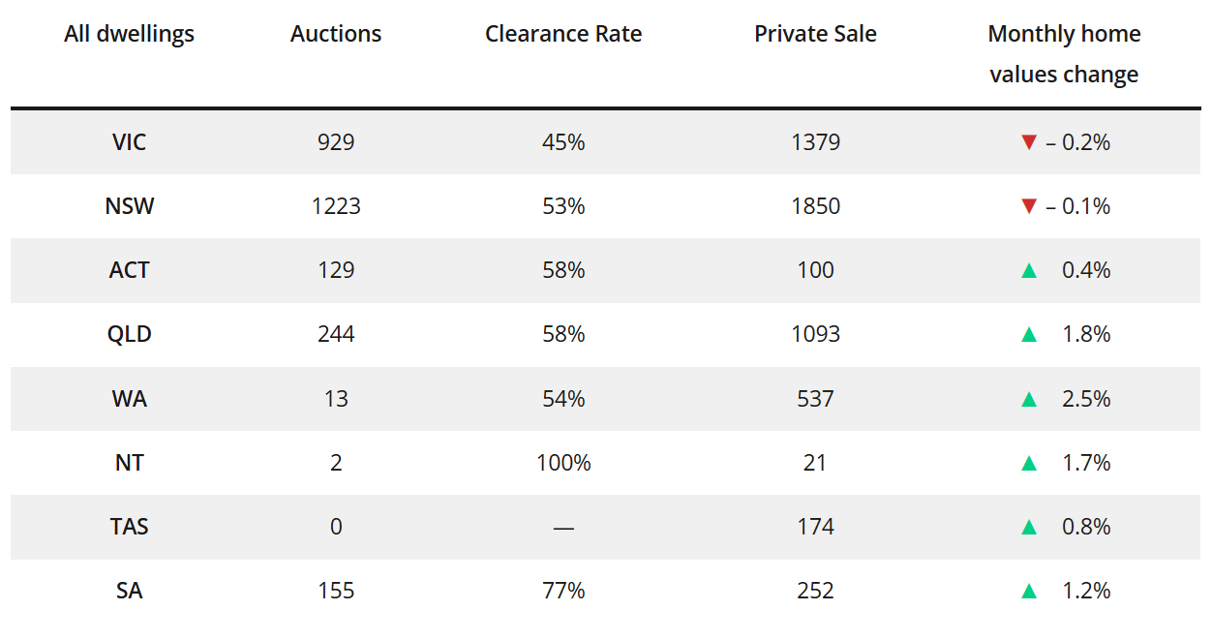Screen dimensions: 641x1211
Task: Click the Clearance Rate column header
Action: click(563, 34)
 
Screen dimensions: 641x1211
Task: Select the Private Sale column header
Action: click(815, 34)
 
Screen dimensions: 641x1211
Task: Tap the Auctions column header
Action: click(336, 34)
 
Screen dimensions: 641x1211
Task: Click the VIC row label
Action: click(129, 142)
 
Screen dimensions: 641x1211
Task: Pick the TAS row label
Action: click(129, 527)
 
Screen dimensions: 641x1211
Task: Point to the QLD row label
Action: click(129, 334)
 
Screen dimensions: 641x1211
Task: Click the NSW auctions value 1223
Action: click(336, 206)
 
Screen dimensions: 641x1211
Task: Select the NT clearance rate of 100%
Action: click(563, 463)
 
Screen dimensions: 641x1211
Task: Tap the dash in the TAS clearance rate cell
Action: click(563, 528)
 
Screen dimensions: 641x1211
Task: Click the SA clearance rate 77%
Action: click(563, 591)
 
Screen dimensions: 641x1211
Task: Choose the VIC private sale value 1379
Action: click(815, 142)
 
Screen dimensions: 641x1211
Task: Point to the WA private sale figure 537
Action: click(815, 399)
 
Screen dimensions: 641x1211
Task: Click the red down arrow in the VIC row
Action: click(1029, 142)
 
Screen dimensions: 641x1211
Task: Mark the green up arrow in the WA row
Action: click(1029, 399)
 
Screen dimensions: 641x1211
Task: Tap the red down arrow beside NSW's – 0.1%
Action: click(1029, 206)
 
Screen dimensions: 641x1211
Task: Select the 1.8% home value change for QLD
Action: click(1085, 334)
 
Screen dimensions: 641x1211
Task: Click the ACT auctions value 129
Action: click(336, 270)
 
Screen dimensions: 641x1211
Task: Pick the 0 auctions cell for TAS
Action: click(336, 527)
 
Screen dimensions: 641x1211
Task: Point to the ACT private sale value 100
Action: click(815, 270)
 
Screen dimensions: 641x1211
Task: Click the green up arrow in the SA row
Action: click(1029, 591)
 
